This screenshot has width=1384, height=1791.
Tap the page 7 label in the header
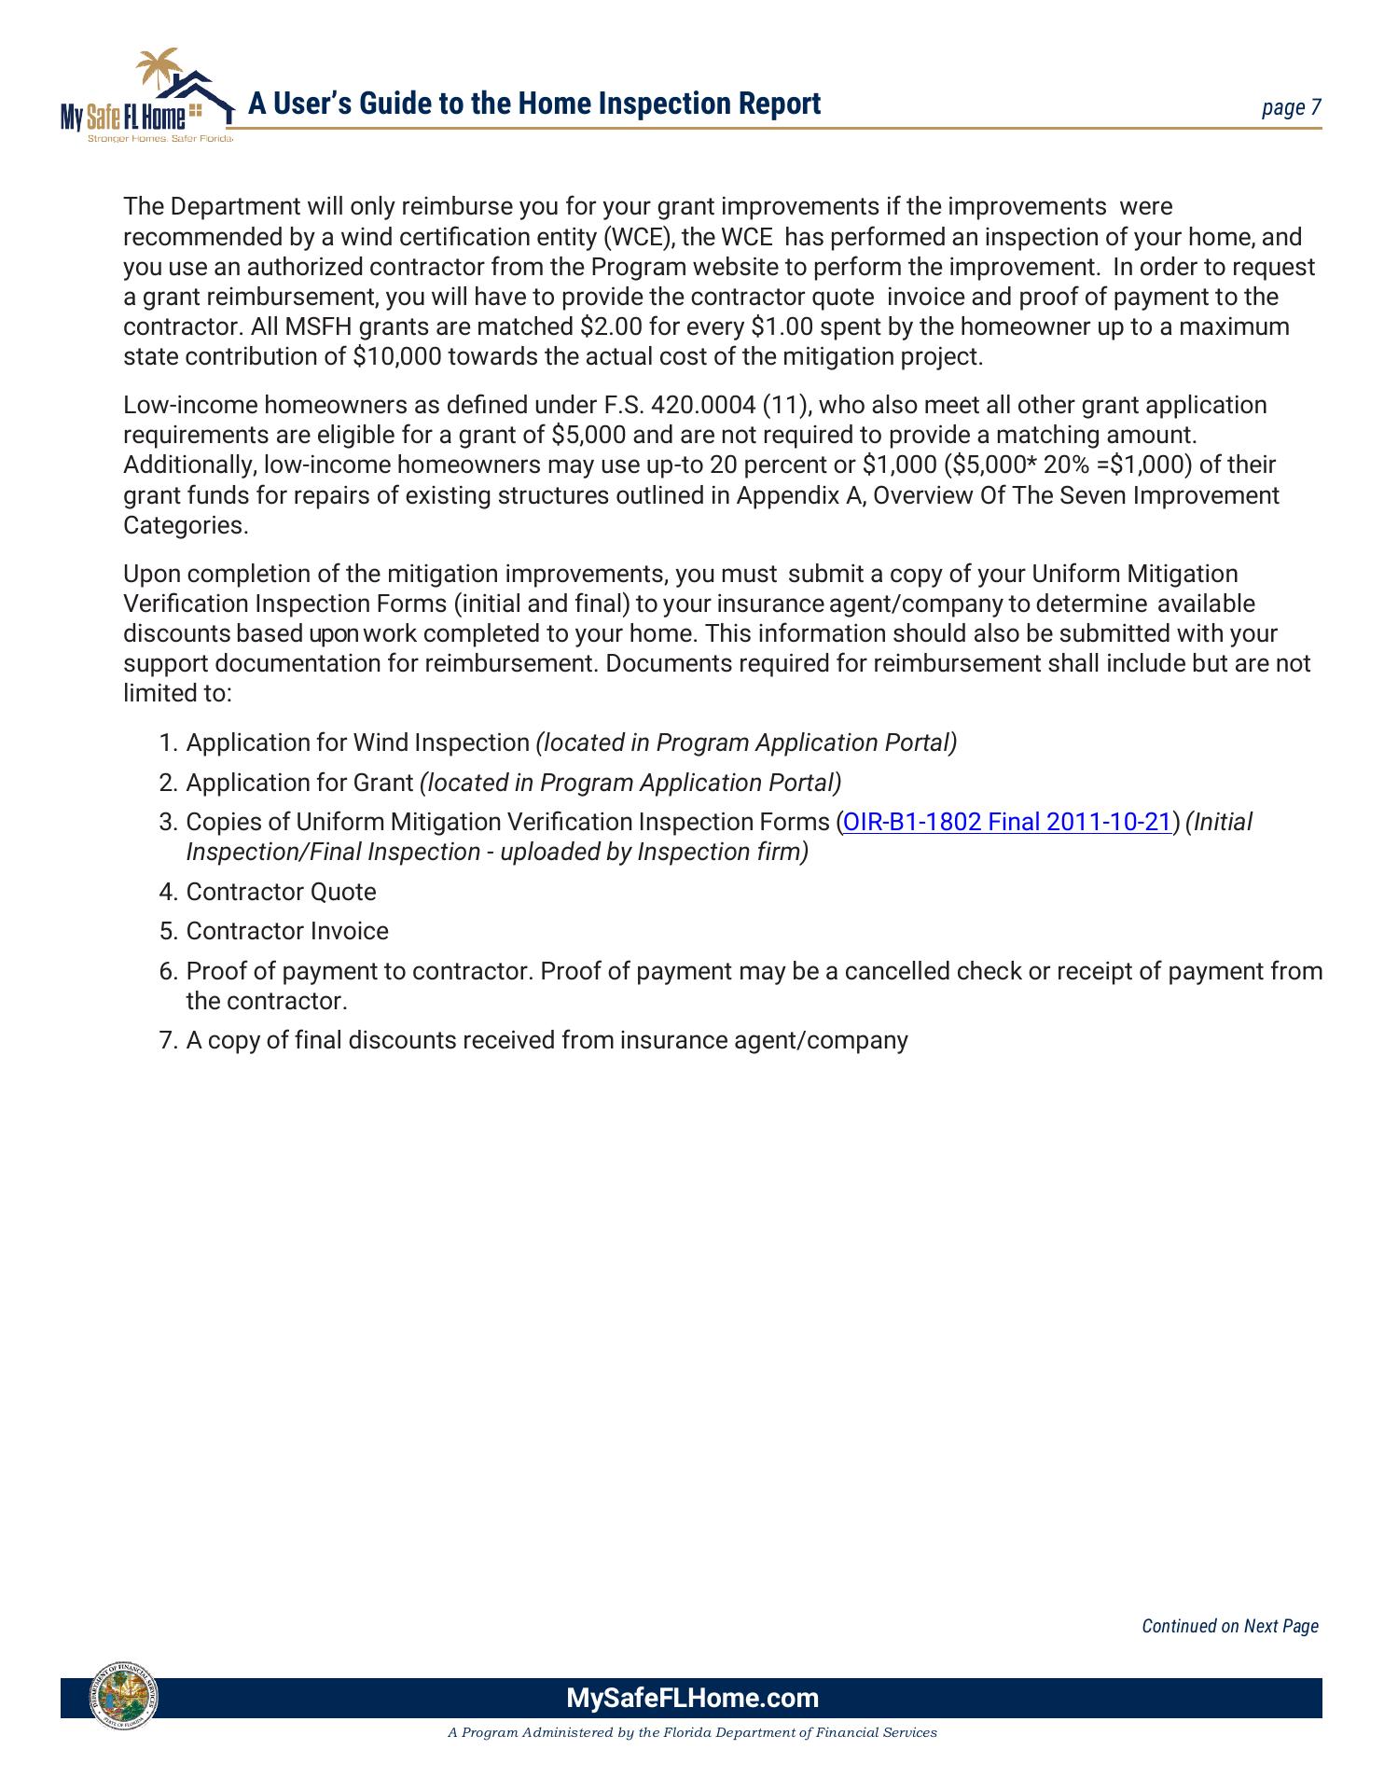pos(1291,108)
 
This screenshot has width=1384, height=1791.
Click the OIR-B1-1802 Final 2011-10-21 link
pos(1005,822)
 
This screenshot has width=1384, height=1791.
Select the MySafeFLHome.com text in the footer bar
pos(692,1698)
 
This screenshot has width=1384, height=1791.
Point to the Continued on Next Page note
pos(1229,1626)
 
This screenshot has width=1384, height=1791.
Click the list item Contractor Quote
pos(281,892)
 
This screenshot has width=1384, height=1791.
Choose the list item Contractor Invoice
pos(287,931)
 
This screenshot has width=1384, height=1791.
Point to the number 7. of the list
pos(168,1040)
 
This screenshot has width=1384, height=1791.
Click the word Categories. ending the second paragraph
pos(186,525)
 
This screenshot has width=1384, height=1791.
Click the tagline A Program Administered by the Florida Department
pos(692,1733)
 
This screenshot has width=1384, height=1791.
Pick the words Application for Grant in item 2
pos(299,783)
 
